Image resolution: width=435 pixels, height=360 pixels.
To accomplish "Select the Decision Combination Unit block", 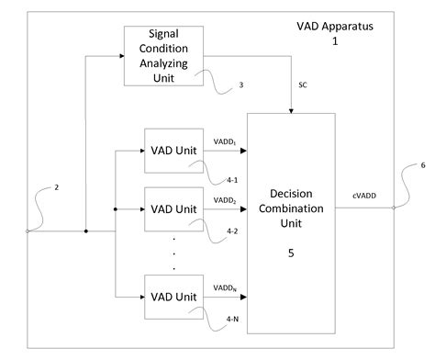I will click(x=292, y=220).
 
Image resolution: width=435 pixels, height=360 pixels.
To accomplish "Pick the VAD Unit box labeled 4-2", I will click(x=175, y=208).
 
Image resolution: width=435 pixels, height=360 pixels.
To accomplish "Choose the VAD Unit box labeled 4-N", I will click(x=175, y=297).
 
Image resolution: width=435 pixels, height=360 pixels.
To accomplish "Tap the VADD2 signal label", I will click(x=227, y=198).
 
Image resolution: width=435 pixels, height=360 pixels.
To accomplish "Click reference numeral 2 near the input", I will click(x=56, y=187).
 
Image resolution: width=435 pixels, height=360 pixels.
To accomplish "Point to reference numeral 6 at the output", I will click(x=422, y=166).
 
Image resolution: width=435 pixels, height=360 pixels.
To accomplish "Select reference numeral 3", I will click(x=240, y=85).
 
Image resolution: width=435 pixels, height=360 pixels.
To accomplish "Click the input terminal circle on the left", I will click(x=28, y=231).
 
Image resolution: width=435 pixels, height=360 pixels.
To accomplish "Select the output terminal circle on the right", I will click(x=394, y=208).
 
